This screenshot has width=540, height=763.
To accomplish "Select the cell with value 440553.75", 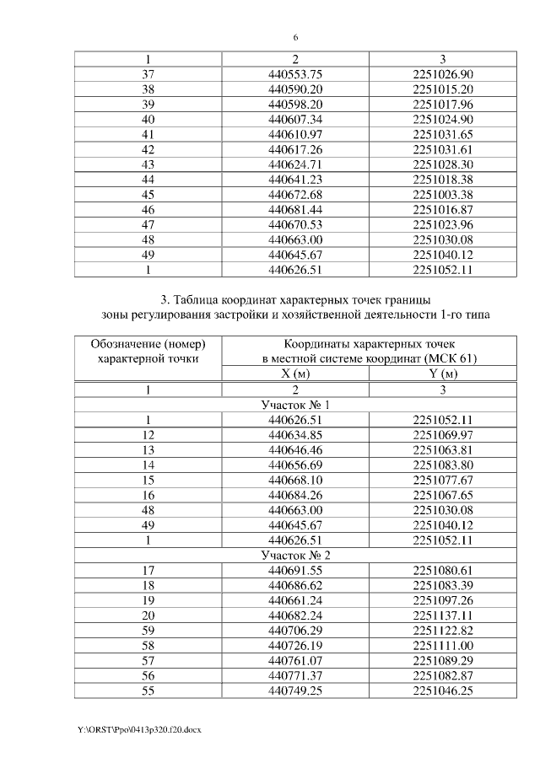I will coord(295,74).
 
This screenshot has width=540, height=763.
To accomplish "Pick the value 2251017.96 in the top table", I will coord(443,105).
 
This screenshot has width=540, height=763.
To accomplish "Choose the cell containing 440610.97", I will coord(295,134).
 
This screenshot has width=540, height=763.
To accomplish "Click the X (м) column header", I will coord(295,374).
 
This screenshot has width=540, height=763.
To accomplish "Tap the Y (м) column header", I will coord(443,374).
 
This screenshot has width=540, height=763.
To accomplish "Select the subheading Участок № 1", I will coord(295,405).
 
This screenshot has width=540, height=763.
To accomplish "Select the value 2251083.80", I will coord(443,465).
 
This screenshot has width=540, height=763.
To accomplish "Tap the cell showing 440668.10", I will coord(295,480).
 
